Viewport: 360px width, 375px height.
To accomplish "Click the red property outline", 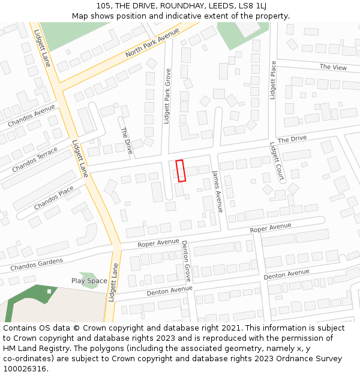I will pyautogui.click(x=181, y=170).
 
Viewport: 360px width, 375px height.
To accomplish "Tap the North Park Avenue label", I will pyautogui.click(x=152, y=43).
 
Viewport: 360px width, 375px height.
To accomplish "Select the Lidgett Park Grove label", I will pyautogui.click(x=167, y=96).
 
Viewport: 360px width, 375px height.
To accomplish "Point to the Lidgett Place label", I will pyautogui.click(x=273, y=80).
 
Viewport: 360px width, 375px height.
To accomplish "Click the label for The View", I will pyautogui.click(x=333, y=67).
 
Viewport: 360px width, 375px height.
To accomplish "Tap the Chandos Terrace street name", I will pyautogui.click(x=35, y=159).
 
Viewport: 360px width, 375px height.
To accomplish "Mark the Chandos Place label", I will pyautogui.click(x=53, y=198).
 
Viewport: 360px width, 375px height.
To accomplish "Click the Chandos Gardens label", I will pyautogui.click(x=37, y=264).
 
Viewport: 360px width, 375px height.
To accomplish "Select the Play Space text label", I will pyautogui.click(x=89, y=281).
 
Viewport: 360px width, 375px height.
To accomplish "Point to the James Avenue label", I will pyautogui.click(x=217, y=191).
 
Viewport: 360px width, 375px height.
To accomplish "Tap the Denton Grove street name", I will pyautogui.click(x=187, y=261).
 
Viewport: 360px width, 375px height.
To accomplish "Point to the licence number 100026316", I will pyautogui.click(x=25, y=368).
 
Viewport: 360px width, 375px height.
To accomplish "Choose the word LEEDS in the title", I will pyautogui.click(x=221, y=6).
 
